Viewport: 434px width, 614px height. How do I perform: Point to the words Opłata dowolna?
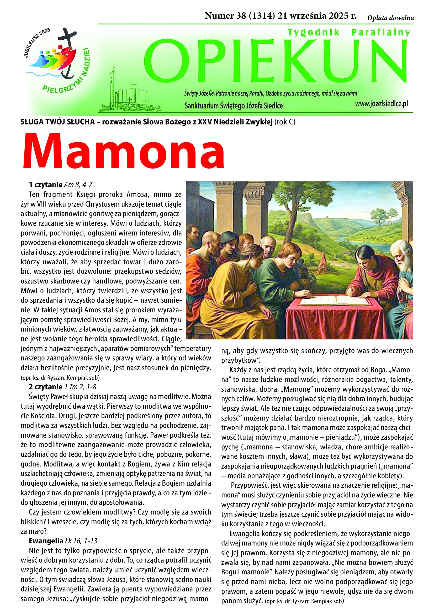click(x=390, y=18)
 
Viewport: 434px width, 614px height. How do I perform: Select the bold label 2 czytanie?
click(x=45, y=387)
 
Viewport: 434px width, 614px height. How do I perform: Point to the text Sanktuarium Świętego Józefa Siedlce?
click(x=234, y=106)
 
